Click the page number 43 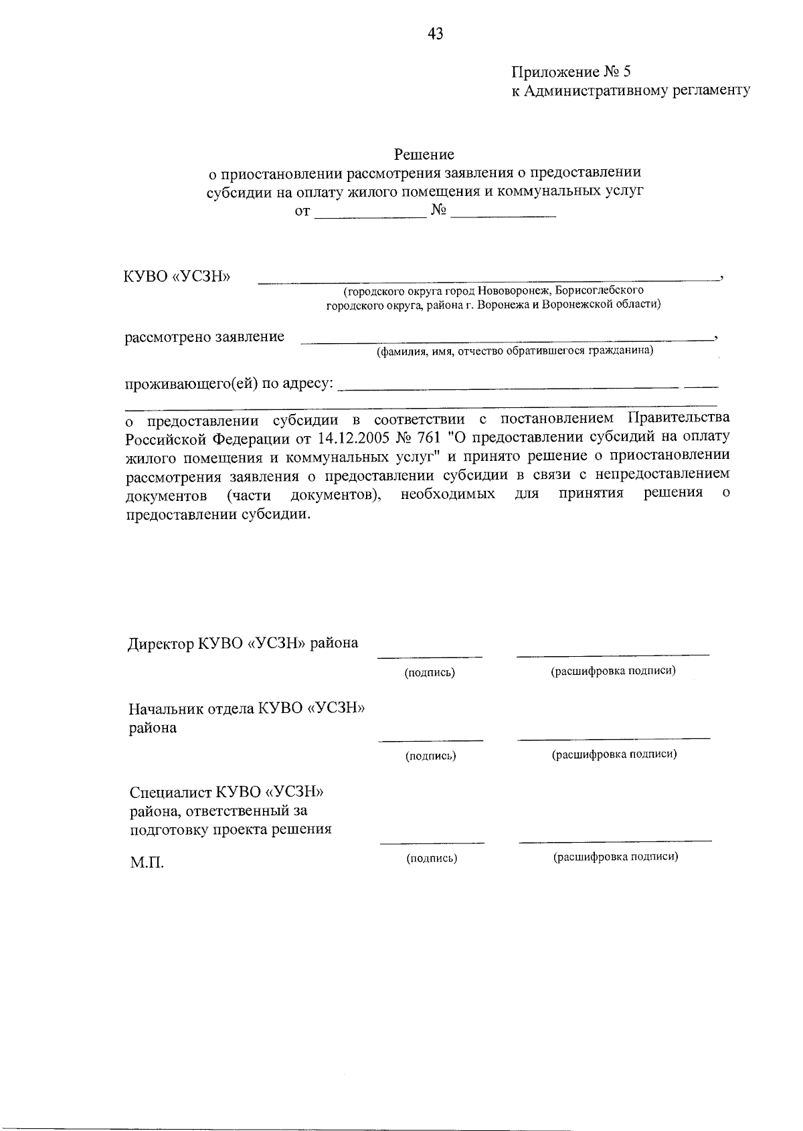[435, 34]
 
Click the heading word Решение [424, 155]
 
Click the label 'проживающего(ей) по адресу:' [230, 385]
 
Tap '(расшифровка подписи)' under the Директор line [613, 671]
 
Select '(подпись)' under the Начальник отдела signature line [431, 756]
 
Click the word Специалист [170, 793]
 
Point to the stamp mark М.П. [147, 863]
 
